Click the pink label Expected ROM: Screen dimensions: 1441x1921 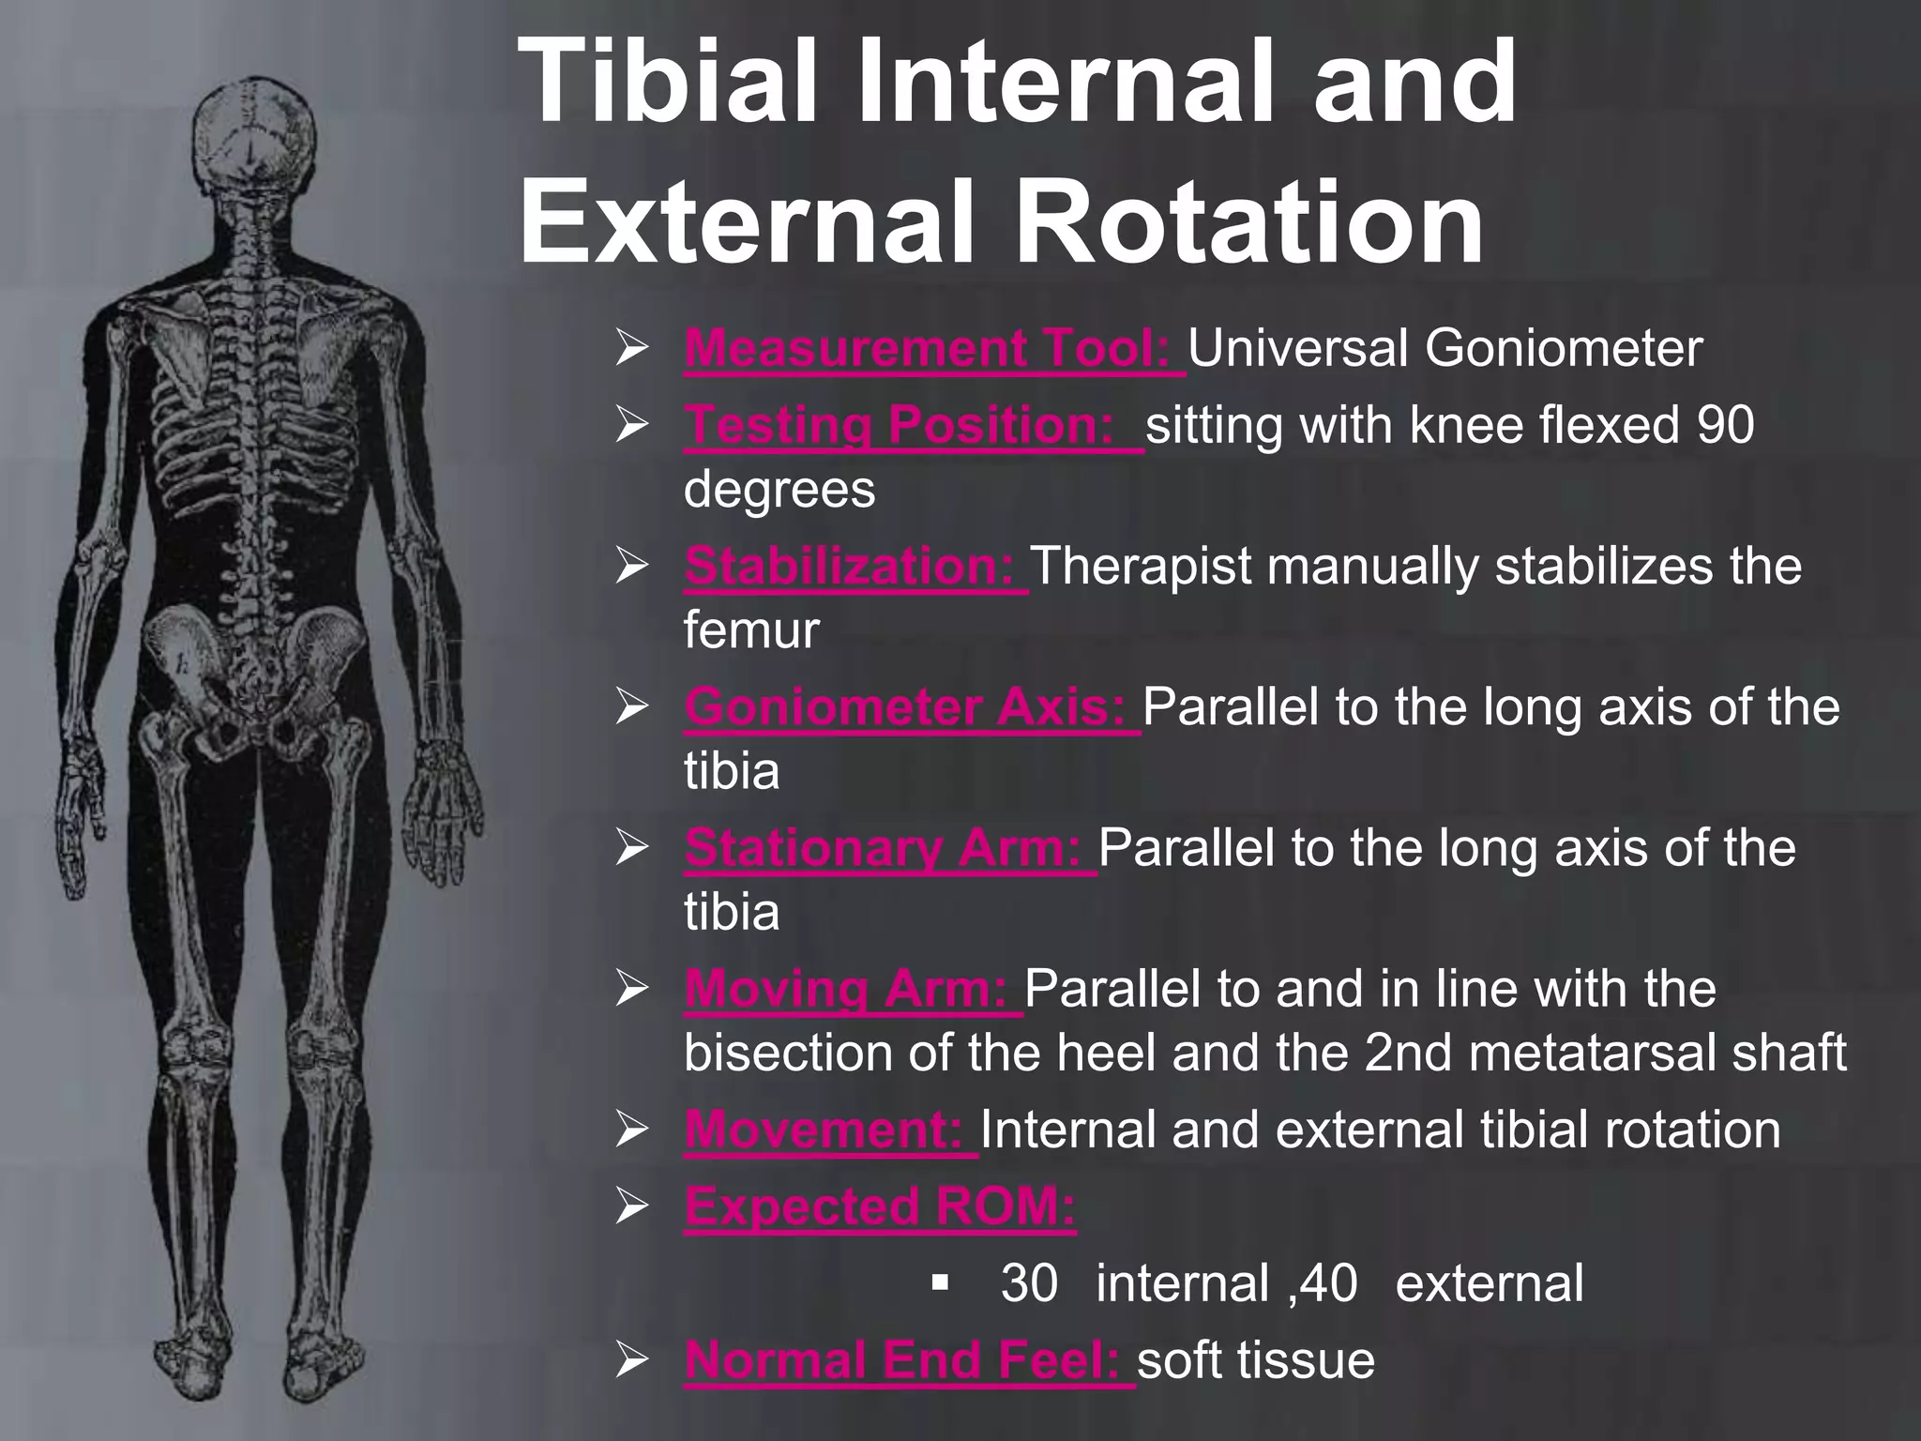[x=880, y=1206]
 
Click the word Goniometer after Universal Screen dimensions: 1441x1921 [x=1563, y=348]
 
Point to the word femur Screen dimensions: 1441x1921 [x=751, y=629]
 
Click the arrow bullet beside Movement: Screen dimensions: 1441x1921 [x=632, y=1130]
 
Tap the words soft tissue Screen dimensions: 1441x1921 [x=1256, y=1359]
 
